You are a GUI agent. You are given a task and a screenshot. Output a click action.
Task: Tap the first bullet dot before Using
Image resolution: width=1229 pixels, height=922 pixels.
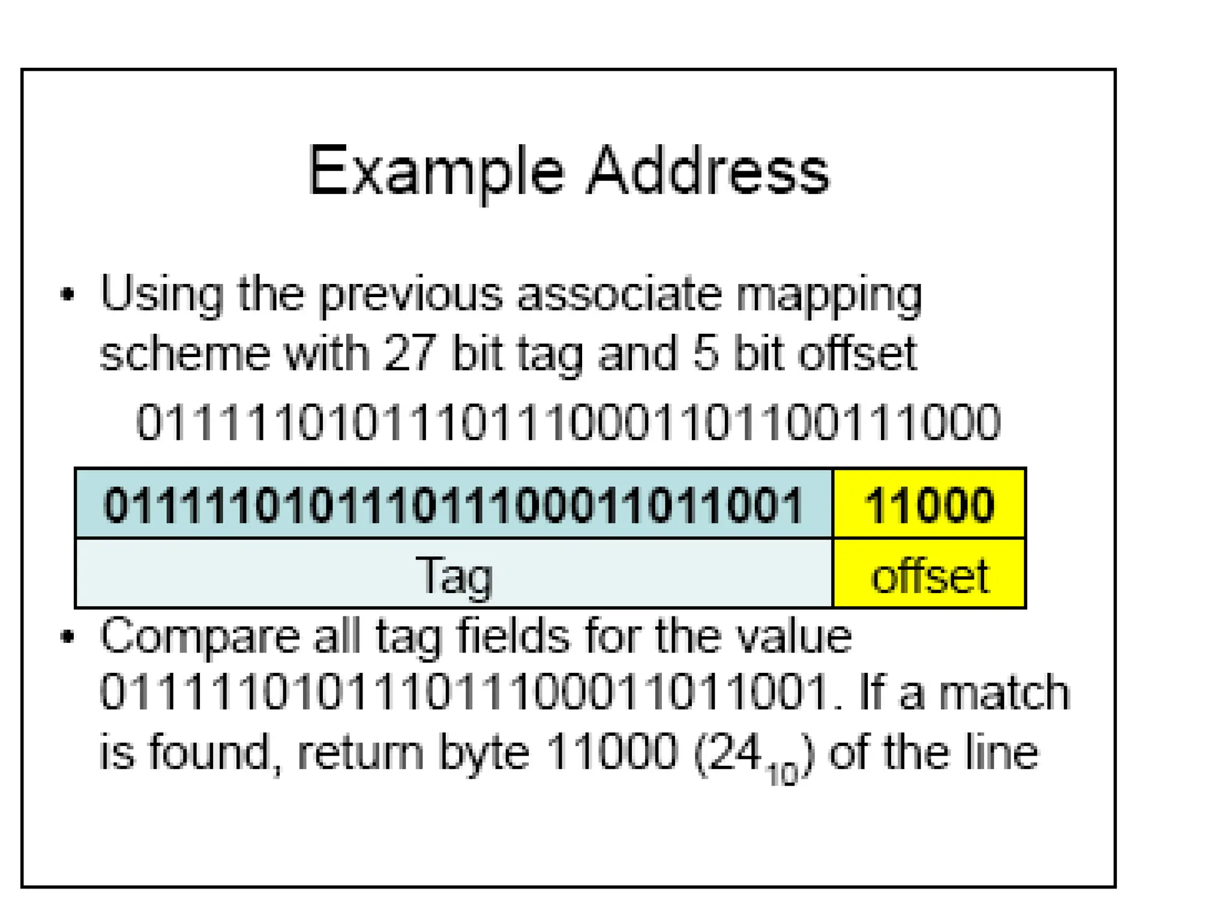68,294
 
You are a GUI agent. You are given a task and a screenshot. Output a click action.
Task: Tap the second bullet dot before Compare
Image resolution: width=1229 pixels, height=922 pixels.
68,636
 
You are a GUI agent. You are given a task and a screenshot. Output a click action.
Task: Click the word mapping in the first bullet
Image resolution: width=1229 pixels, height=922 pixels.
828,295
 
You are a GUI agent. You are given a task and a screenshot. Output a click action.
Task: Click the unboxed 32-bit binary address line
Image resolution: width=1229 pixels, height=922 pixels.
568,422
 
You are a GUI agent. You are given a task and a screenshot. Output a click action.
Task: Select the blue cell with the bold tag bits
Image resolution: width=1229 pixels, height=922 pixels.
454,504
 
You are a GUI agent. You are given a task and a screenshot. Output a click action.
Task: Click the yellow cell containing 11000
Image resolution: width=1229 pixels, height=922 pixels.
929,504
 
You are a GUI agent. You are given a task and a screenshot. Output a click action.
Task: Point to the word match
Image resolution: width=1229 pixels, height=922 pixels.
1004,693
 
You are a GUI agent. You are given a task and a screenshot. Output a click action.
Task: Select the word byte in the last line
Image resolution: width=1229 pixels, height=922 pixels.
484,753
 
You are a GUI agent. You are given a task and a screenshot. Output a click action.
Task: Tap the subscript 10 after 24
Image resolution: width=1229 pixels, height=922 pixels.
782,774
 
